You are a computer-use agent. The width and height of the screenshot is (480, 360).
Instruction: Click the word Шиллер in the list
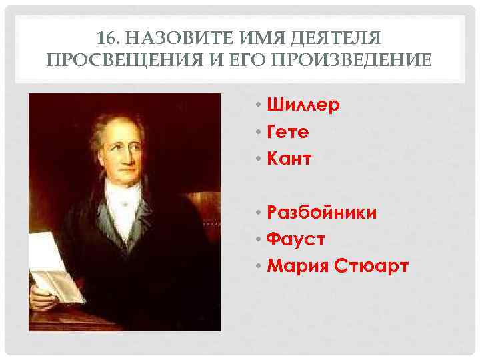tap(303, 105)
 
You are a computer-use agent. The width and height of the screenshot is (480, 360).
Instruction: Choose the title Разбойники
tap(321, 213)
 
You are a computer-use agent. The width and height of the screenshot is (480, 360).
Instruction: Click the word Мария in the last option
tap(298, 266)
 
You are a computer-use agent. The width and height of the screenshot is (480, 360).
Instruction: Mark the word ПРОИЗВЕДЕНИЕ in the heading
tap(360, 60)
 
